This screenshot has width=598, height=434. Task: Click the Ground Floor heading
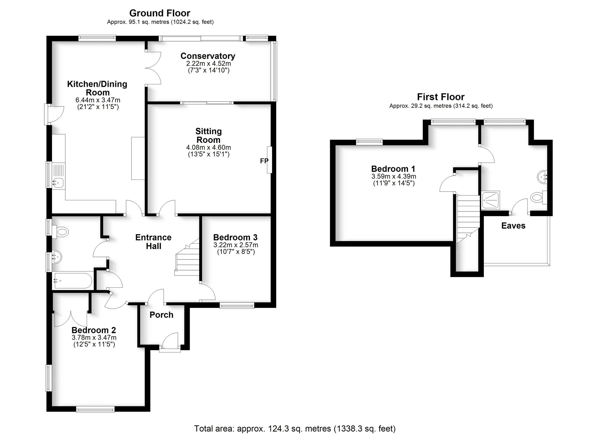[159, 13]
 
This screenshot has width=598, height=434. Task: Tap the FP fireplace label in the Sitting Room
[264, 161]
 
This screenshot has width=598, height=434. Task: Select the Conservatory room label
[208, 56]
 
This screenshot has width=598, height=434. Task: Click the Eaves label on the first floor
[513, 226]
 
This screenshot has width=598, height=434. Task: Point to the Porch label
[161, 315]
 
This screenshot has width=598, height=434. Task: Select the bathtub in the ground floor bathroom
[73, 281]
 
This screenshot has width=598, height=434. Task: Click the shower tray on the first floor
[490, 200]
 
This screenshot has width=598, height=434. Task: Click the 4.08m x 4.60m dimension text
[208, 147]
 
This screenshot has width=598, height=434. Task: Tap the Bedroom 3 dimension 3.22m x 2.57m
[235, 245]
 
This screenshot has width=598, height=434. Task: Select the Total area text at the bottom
[295, 429]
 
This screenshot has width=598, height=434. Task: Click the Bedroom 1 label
[393, 169]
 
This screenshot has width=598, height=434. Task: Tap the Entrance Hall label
[153, 241]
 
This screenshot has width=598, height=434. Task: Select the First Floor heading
[441, 97]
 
